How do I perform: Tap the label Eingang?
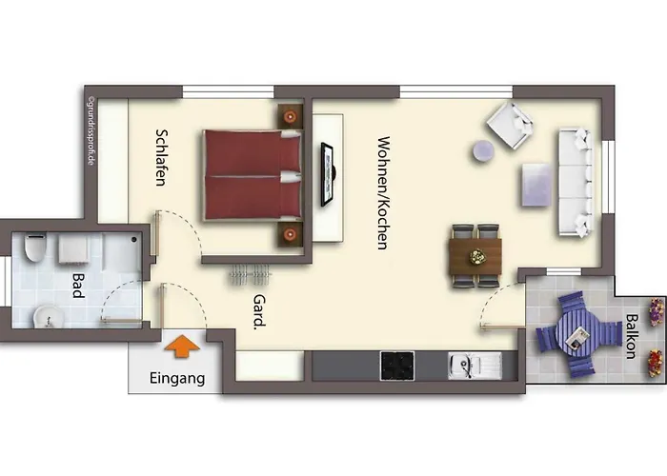click(177, 378)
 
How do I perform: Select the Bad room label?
click(78, 286)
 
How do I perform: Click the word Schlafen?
click(161, 158)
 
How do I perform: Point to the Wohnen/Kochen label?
click(383, 193)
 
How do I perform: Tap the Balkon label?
click(631, 336)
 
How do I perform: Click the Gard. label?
click(259, 312)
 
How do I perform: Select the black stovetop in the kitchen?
click(397, 366)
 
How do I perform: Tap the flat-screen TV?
click(328, 174)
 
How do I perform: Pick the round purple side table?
click(483, 150)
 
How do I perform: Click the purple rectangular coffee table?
click(536, 185)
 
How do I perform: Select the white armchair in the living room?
click(510, 125)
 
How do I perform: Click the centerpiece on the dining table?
click(476, 256)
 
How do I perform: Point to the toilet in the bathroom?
click(35, 248)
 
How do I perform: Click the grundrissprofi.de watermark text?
click(91, 131)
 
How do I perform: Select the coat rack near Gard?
click(251, 274)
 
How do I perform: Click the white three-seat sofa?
click(576, 182)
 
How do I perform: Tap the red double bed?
click(253, 174)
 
